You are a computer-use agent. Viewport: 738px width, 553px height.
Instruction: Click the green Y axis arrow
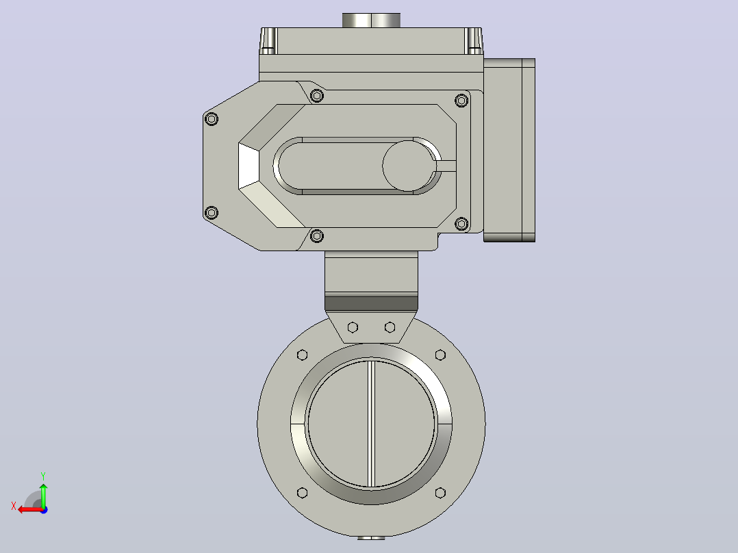[43, 495]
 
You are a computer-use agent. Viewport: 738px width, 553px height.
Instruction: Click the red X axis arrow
[31, 510]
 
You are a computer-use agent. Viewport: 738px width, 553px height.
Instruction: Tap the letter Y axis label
[43, 476]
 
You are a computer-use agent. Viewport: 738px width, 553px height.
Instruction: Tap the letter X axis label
[14, 506]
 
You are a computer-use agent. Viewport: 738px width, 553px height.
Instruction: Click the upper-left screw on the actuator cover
[212, 119]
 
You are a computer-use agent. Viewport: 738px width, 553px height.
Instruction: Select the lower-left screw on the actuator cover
[212, 213]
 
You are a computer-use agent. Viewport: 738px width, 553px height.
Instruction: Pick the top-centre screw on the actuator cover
[317, 96]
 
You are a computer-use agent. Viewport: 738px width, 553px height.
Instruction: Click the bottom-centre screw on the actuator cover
[317, 235]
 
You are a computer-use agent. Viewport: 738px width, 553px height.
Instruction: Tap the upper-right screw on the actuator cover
[461, 100]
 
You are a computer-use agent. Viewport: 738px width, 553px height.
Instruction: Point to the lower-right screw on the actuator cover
[461, 224]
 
